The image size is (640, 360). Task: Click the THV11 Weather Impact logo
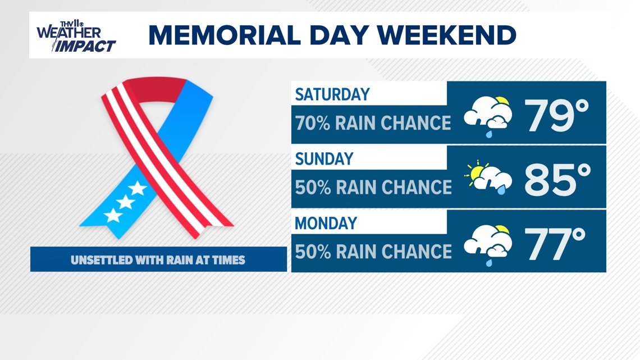pos(76,37)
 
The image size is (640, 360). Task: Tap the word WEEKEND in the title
pos(446,35)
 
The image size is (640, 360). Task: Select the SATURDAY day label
pos(332,94)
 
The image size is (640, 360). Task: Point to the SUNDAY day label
pos(324,159)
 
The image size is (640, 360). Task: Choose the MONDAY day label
pos(326,224)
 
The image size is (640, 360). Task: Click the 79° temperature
pos(556,115)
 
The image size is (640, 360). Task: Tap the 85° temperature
pos(557,180)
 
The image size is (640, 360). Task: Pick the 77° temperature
pos(555,244)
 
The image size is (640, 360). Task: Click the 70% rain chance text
pos(373,123)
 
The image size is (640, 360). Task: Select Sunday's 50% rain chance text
pos(373,188)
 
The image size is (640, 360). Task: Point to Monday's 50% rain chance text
pos(373,252)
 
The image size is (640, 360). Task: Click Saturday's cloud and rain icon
pos(488,116)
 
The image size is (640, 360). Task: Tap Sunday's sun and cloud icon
pos(488,177)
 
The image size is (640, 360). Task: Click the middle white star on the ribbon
pos(125,202)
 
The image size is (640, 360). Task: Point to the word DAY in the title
pos(340,35)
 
